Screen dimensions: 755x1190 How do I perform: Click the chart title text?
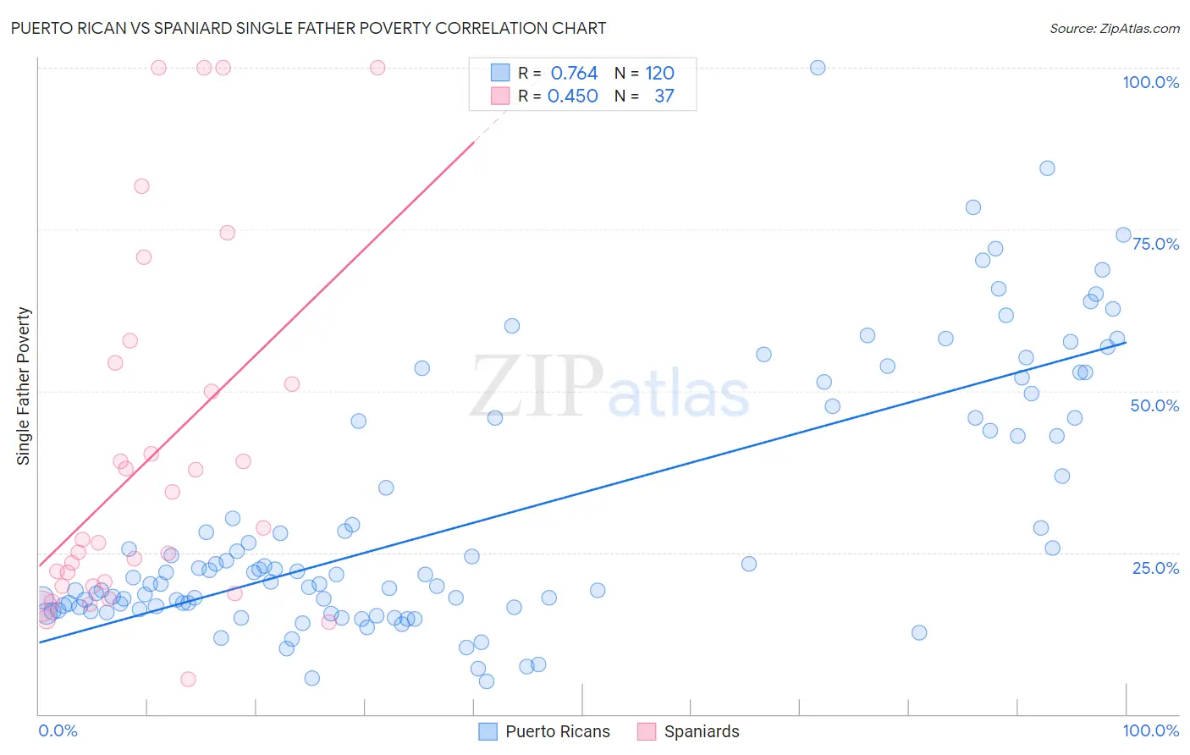pos(308,28)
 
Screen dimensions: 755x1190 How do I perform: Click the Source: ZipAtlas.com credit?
pos(1114,28)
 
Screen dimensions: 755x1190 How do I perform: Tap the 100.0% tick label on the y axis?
pos(1150,82)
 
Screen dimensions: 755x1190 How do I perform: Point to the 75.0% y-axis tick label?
pos(1155,244)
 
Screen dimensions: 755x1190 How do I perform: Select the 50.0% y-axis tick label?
pos(1154,405)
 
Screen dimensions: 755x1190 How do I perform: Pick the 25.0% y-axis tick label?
pos(1155,567)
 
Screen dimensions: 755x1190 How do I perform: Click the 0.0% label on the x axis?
pos(58,730)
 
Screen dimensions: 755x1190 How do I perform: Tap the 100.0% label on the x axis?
pos(1150,730)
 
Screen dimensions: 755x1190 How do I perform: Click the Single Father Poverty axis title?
pos(24,386)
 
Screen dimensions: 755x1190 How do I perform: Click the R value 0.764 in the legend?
pos(574,74)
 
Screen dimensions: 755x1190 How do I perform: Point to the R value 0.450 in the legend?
pos(573,96)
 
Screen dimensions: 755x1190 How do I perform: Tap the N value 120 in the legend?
pos(659,74)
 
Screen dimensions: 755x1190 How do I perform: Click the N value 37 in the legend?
pos(664,96)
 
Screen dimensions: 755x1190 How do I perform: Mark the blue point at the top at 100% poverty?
pos(818,68)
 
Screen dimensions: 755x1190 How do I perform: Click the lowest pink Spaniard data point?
pos(188,679)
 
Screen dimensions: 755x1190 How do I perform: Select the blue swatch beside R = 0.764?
pos(500,73)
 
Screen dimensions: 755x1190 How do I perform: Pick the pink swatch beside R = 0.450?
pos(500,96)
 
